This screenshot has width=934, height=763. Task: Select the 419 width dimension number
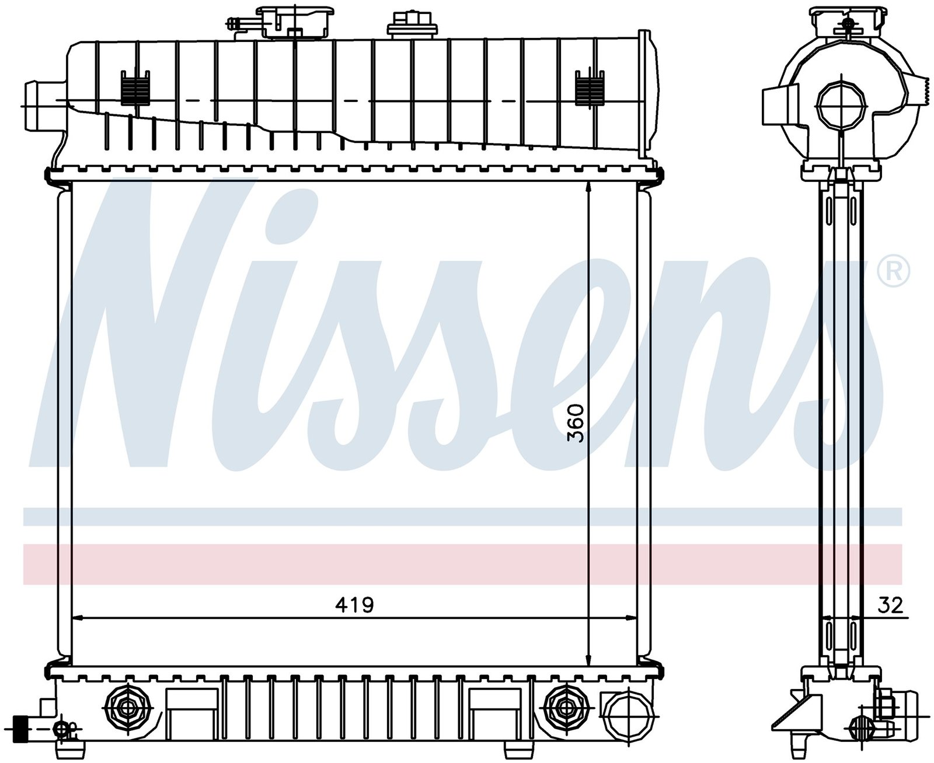354,605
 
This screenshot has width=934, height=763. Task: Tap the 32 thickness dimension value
890,605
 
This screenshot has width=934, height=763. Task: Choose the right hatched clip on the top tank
589,87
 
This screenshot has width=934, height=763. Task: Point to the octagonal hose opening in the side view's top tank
840,105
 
